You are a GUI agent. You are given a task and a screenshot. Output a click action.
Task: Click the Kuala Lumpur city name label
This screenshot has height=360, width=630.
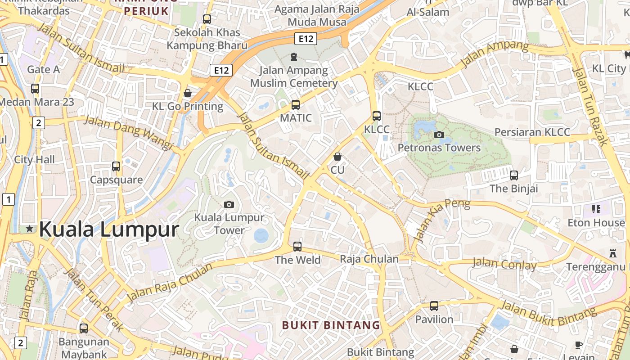[109, 229]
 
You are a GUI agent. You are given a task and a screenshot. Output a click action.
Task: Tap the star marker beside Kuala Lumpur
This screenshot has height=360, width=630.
[30, 229]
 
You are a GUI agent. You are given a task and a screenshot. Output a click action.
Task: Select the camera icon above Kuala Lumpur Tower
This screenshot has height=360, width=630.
[229, 205]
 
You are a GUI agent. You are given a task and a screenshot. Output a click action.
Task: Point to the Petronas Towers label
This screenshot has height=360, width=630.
[439, 148]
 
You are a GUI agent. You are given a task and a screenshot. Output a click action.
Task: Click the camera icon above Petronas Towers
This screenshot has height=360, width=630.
[439, 135]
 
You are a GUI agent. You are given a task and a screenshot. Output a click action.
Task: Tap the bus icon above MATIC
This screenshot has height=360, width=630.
[296, 105]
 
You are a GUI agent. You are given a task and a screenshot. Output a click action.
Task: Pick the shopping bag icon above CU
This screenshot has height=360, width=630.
[337, 157]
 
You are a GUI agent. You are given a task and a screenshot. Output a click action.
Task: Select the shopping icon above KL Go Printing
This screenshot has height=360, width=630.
[188, 93]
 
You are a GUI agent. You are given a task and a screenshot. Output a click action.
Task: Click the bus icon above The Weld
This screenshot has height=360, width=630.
[297, 247]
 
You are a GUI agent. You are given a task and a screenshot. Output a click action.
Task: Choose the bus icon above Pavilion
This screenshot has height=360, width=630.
[434, 306]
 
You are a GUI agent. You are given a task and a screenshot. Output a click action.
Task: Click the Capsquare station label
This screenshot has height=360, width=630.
[116, 180]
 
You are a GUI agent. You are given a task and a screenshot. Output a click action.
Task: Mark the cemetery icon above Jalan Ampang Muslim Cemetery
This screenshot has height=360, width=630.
[294, 57]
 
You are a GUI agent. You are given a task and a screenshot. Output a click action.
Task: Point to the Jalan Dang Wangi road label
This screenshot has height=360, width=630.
[129, 132]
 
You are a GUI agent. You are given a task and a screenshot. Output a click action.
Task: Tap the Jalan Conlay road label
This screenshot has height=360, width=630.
[504, 264]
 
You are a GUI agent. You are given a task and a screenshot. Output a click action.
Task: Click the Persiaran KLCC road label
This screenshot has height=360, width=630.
[532, 132]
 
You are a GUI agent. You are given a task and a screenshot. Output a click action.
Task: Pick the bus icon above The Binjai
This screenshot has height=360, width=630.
[514, 175]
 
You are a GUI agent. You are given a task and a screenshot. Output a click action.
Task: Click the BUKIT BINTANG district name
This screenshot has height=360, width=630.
[331, 325]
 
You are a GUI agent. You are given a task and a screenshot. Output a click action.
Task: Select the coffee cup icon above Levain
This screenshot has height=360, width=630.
[579, 345]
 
